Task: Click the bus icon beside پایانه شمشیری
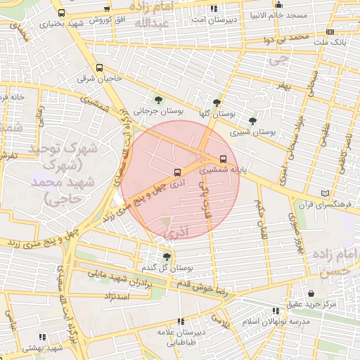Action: click(224, 158)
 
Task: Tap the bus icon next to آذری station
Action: click(176, 172)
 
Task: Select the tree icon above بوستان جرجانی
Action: click(157, 98)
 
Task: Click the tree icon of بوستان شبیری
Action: click(252, 121)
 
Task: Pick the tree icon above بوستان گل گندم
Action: click(167, 257)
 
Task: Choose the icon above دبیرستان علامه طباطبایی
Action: click(181, 321)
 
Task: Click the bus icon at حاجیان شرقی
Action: click(99, 68)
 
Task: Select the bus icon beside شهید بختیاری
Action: click(62, 13)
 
